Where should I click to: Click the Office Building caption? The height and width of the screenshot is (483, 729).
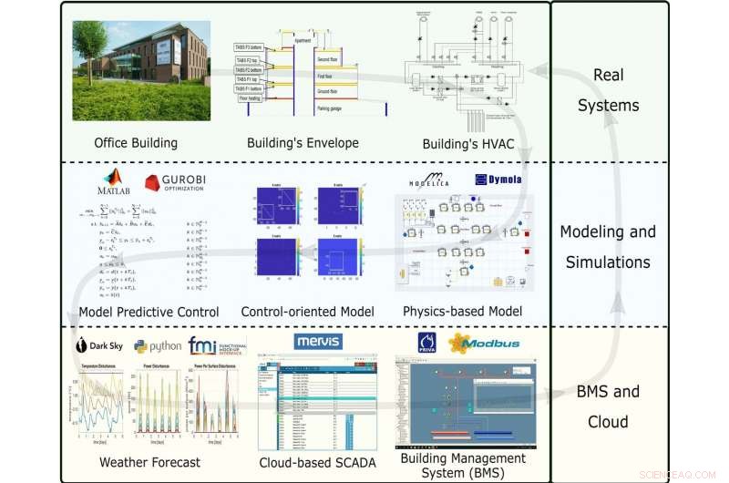pyautogui.click(x=136, y=143)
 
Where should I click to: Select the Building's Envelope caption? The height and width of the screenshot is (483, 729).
pyautogui.click(x=303, y=143)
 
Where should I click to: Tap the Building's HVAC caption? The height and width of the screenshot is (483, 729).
pyautogui.click(x=466, y=144)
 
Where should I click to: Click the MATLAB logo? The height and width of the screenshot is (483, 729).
pyautogui.click(x=115, y=183)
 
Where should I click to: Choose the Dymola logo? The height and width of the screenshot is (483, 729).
pyautogui.click(x=498, y=180)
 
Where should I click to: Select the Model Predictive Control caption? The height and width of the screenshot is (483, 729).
pyautogui.click(x=149, y=313)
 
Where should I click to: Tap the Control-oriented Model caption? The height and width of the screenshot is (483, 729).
pyautogui.click(x=307, y=313)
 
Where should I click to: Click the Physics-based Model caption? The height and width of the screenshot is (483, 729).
pyautogui.click(x=463, y=313)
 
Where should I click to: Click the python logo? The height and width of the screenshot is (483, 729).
pyautogui.click(x=158, y=347)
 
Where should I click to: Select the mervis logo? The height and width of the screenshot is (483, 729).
pyautogui.click(x=318, y=342)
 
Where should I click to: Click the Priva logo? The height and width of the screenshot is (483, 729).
pyautogui.click(x=426, y=344)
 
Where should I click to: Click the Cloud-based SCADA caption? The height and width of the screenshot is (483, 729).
pyautogui.click(x=313, y=462)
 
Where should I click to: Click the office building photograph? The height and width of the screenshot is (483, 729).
pyautogui.click(x=140, y=71)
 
